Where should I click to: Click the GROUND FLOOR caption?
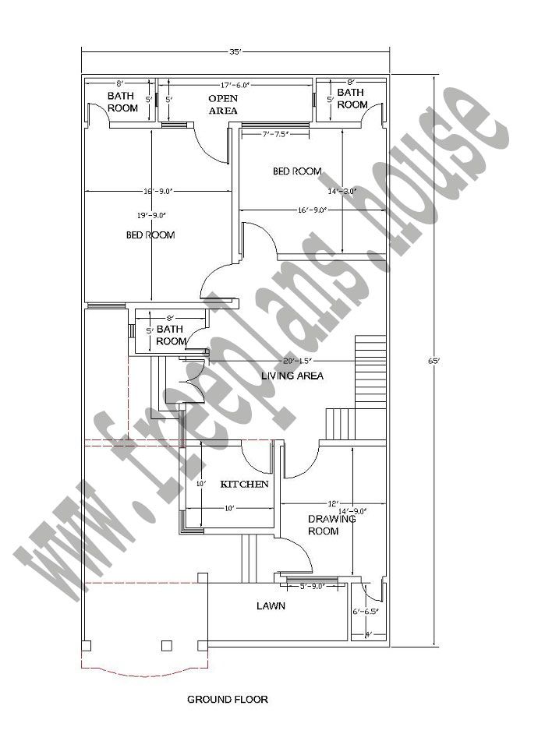228,700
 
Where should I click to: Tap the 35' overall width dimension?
235,52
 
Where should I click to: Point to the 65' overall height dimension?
434,361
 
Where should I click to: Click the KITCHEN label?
245,484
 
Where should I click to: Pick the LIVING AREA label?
292,376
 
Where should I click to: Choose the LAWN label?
271,605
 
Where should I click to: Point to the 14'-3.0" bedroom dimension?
342,191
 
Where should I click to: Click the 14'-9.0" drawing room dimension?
352,512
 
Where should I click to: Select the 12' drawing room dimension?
333,503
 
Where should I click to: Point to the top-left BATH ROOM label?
122,102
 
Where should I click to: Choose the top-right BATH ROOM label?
352,99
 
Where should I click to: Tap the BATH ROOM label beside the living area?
171,336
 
